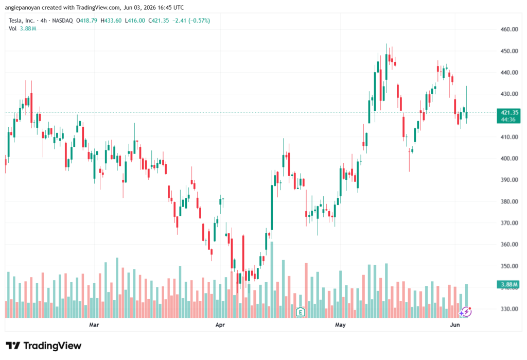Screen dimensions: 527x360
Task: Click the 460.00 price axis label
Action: (x=509, y=29)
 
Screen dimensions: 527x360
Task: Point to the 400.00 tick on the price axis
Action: (x=509, y=159)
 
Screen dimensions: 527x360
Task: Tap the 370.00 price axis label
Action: (x=509, y=223)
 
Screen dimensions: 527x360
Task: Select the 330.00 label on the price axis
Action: (x=509, y=309)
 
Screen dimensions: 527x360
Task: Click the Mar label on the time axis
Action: (x=94, y=324)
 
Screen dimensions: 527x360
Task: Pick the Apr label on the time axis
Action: (x=220, y=324)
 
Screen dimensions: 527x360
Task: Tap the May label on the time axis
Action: (x=341, y=324)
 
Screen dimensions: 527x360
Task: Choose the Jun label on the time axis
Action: (x=455, y=324)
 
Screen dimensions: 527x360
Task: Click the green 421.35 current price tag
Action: (x=508, y=116)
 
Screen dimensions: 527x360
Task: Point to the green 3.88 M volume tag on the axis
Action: (x=508, y=285)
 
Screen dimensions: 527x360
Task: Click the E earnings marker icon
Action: (x=301, y=312)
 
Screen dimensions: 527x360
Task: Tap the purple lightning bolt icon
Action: (x=466, y=312)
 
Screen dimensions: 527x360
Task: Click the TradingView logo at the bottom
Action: (x=44, y=346)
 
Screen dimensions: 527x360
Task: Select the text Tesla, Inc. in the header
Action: (x=22, y=21)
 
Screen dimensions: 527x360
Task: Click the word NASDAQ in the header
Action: (x=62, y=21)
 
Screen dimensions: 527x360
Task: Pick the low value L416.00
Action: (x=135, y=21)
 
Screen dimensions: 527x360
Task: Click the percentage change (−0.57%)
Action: (x=199, y=21)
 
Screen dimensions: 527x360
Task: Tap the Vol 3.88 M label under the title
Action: (x=23, y=29)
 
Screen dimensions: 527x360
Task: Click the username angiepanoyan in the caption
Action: (x=23, y=7)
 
